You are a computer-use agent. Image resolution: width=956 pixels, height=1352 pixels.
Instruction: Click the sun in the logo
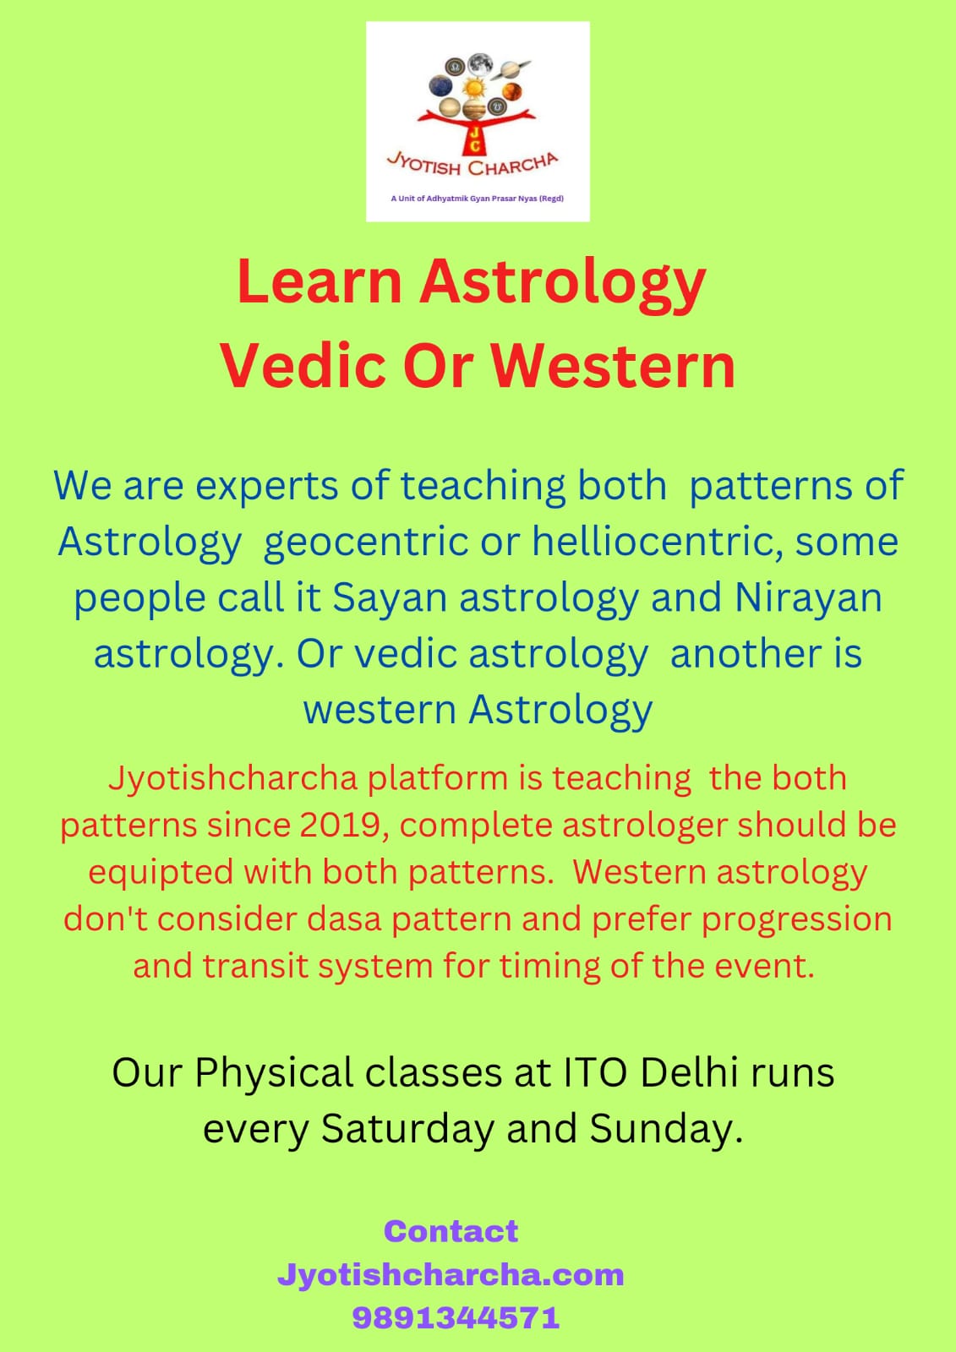click(473, 88)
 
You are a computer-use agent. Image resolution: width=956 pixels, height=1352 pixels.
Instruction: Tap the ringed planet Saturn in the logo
click(511, 69)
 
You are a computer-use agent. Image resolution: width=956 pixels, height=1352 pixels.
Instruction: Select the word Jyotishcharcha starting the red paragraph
click(233, 778)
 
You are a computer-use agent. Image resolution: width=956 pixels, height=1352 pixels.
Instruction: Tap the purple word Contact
click(451, 1231)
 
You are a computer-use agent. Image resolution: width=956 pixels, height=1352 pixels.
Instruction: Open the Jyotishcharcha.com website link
click(451, 1275)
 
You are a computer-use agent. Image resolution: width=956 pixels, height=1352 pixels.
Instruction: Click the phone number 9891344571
click(456, 1318)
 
